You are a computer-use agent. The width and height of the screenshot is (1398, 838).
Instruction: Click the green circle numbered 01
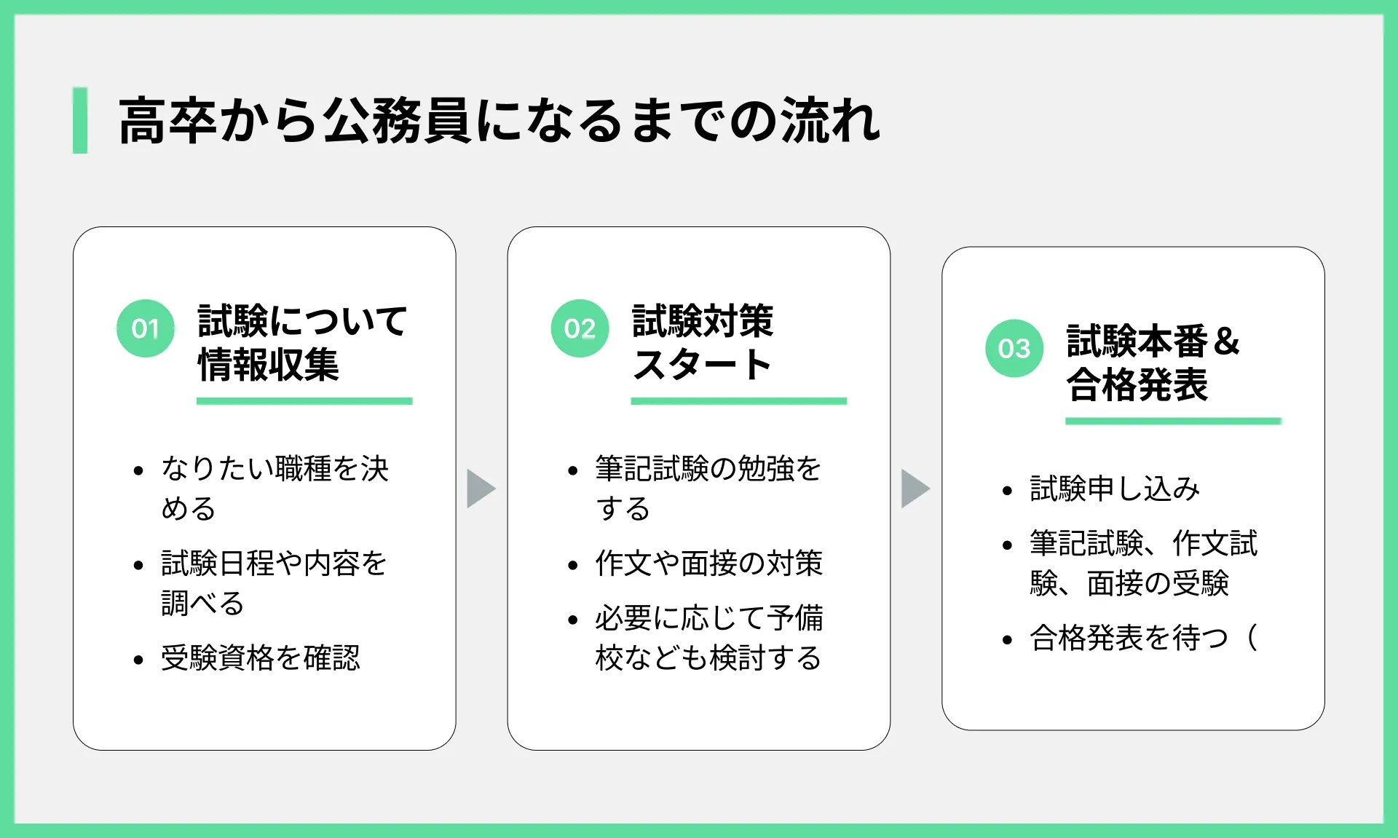click(x=146, y=328)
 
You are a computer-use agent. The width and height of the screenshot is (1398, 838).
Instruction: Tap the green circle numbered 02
click(x=580, y=328)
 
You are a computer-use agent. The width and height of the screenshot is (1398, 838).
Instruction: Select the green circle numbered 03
click(x=1014, y=348)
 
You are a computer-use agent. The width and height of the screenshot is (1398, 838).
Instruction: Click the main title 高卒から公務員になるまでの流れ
click(x=499, y=121)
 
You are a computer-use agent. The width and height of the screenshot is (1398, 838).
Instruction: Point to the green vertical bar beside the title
click(x=80, y=120)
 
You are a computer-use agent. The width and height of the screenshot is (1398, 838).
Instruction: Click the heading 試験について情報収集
click(x=302, y=343)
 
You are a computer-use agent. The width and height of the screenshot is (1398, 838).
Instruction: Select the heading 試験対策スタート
click(x=703, y=343)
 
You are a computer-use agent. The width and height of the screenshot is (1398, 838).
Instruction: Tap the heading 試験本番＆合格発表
click(x=1153, y=363)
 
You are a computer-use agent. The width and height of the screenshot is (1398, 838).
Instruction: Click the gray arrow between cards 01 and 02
click(x=481, y=488)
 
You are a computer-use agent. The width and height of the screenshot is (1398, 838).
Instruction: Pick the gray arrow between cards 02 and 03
click(x=915, y=488)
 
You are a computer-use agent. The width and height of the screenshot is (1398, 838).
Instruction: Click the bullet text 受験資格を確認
click(x=261, y=657)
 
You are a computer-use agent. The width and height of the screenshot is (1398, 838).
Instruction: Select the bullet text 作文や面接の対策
click(x=709, y=563)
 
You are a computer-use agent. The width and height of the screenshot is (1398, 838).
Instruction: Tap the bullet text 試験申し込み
click(x=1115, y=488)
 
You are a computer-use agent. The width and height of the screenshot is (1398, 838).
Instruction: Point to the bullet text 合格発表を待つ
click(x=1129, y=638)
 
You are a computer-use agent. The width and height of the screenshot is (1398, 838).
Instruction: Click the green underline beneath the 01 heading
click(x=304, y=401)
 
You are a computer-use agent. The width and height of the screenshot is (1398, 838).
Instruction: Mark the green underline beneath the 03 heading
click(x=1173, y=421)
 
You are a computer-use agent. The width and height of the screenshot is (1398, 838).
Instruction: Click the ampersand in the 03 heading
click(x=1227, y=341)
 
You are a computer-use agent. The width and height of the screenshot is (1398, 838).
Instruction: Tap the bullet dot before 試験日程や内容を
click(x=138, y=565)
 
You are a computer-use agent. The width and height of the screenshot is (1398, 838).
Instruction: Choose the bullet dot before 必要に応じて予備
click(x=572, y=620)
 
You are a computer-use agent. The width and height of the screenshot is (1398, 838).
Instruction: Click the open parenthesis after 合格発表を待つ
click(x=1252, y=638)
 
